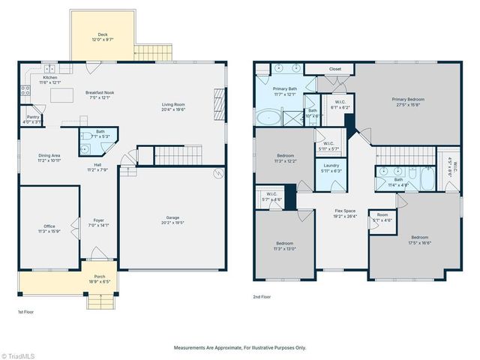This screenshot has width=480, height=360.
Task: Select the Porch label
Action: (100, 278)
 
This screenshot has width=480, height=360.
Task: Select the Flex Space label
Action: (346, 213)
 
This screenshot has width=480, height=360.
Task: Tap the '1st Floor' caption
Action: (26, 311)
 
